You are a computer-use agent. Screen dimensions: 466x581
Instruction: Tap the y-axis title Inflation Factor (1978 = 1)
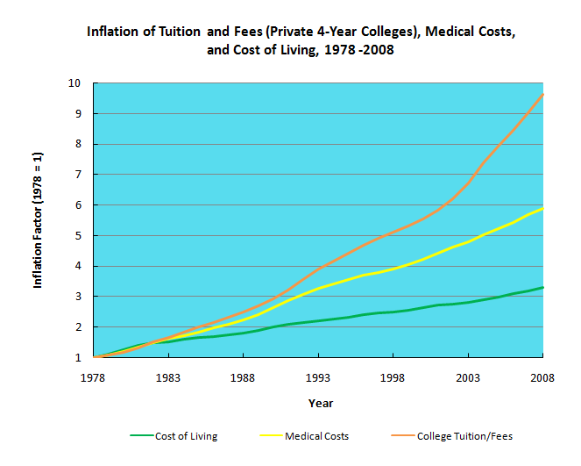point(39,220)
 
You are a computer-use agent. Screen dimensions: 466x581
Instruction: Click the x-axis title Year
point(319,403)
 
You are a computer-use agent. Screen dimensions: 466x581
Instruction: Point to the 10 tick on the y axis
point(75,83)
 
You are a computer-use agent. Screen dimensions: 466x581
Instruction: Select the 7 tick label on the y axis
point(78,175)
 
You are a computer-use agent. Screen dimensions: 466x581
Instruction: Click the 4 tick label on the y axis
point(78,266)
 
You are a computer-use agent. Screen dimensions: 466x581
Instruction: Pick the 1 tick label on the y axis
point(78,357)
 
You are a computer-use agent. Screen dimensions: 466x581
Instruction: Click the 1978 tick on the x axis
point(93,377)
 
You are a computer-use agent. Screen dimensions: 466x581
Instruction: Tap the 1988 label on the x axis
point(243,377)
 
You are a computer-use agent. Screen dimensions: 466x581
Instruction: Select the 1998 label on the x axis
point(393,377)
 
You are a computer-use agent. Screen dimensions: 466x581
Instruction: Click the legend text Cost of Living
point(186,436)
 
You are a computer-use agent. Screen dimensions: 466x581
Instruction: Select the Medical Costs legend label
point(316,436)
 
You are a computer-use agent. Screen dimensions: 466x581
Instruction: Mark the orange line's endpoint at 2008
point(543,94)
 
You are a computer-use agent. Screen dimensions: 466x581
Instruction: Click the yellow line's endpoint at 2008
point(543,208)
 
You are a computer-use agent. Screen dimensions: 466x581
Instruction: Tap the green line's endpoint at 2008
point(543,287)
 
